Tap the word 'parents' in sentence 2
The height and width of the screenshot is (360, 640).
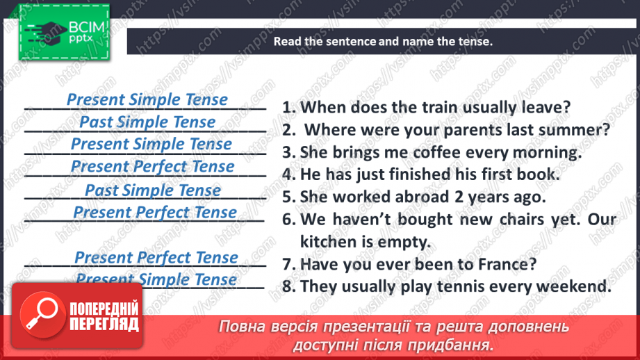tap(459, 130)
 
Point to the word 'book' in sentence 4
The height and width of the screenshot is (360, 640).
tap(536, 174)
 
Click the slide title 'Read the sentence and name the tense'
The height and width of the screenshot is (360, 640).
tap(382, 41)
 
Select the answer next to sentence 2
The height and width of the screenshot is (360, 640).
tap(147, 122)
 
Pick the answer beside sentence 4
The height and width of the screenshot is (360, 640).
tap(152, 167)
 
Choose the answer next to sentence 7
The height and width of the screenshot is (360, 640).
tap(156, 258)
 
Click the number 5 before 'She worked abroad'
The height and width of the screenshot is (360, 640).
tap(287, 197)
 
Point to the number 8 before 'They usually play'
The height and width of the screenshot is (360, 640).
tap(287, 286)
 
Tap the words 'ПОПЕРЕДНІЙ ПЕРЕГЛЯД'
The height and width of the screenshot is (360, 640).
tap(104, 317)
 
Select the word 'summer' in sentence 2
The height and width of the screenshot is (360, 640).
tap(582, 130)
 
